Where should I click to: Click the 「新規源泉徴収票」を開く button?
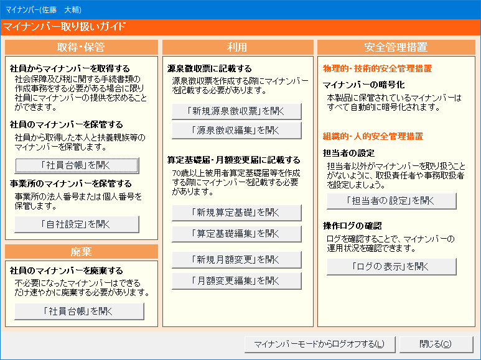236,111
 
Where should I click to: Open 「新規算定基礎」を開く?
236,213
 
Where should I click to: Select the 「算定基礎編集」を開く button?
236,234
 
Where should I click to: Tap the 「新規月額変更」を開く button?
236,260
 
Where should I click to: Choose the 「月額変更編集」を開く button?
236,281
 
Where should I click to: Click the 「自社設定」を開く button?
77,224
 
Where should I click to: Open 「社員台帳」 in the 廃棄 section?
79,312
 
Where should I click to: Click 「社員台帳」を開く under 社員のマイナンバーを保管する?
77,165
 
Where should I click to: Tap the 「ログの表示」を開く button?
391,267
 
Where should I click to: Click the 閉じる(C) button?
436,344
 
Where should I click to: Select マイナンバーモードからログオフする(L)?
320,344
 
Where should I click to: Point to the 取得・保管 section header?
82,47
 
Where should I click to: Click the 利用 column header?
238,47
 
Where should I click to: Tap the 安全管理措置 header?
396,47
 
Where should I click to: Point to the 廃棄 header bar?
82,252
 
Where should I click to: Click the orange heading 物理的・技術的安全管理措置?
377,68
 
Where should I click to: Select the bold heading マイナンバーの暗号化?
364,85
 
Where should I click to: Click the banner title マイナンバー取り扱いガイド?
65,27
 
